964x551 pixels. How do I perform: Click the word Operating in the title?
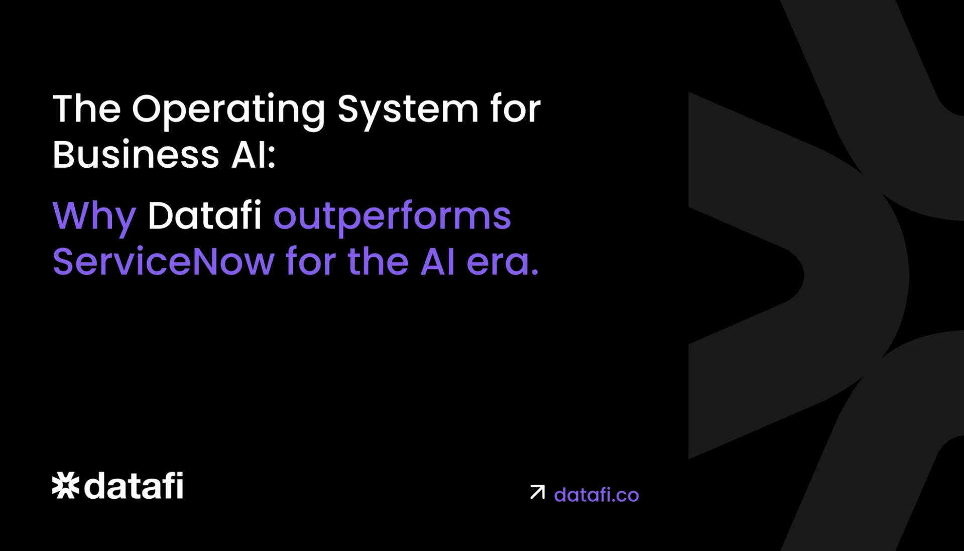point(228,109)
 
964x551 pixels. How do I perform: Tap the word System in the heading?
point(408,109)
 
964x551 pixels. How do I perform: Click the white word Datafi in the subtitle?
point(204,216)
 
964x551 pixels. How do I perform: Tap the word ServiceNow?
point(164,262)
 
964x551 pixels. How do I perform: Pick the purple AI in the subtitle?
point(437,262)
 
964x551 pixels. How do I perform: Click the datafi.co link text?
point(596,495)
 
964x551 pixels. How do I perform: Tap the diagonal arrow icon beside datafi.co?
point(537,492)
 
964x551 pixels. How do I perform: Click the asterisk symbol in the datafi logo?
point(66,486)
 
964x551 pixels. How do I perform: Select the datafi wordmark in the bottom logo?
point(134,486)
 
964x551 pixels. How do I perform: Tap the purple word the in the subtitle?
point(378,262)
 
